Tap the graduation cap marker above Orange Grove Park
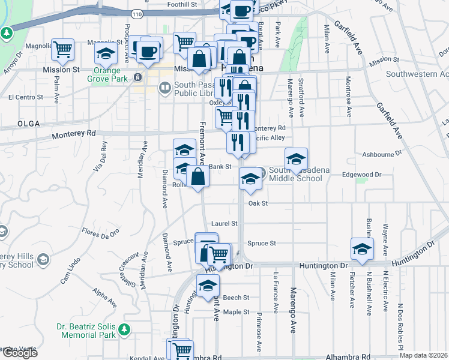coord(106,53)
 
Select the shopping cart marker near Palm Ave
coord(62,50)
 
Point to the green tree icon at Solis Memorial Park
coord(124,329)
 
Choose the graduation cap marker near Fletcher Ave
coord(362,249)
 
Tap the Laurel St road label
coord(225,223)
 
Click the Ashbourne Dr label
coord(382,154)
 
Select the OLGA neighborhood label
coord(29,124)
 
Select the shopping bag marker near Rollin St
coord(197,176)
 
